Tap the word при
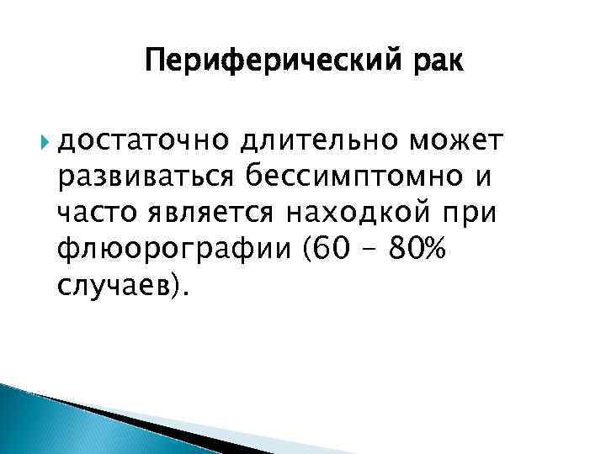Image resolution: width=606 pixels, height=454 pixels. pos(474,215)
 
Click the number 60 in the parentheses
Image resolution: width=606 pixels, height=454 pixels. pos(343,250)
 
